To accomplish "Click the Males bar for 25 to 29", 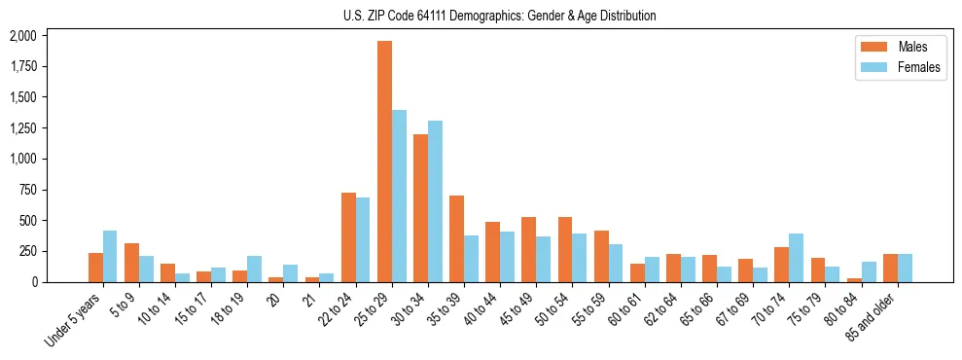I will point(384,162).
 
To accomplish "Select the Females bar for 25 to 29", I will point(399,196).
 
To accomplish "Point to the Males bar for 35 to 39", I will point(456,238).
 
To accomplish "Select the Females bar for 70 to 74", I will point(797,258).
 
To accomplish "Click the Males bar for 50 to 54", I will point(565,249).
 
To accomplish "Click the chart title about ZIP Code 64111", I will point(499,16).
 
